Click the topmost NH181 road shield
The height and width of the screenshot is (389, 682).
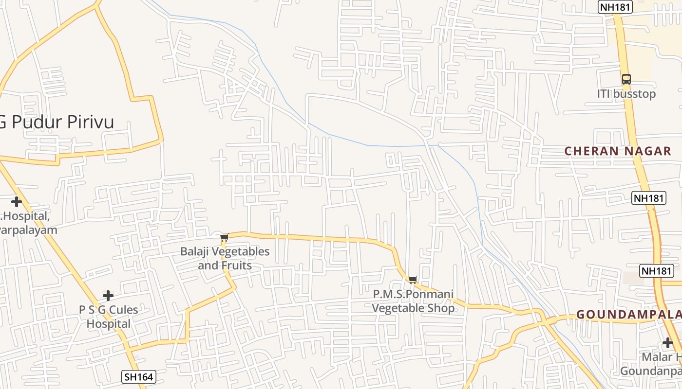point(615,7)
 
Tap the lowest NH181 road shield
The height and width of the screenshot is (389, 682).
point(657,271)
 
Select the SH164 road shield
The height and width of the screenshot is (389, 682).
point(138,376)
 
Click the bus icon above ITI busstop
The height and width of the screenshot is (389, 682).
point(626,79)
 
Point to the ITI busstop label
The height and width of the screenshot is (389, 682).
point(626,94)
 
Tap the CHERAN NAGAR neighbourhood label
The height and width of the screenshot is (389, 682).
point(618,151)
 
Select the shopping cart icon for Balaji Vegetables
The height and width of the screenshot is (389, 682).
point(224,238)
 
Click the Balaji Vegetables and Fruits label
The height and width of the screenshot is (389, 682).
point(225,259)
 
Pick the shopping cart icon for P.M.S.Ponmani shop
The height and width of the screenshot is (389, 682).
point(413,280)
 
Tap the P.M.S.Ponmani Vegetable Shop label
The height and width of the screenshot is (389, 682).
point(413,301)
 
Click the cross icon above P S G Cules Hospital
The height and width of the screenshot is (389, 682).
point(108,295)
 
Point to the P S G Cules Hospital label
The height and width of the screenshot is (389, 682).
point(109,317)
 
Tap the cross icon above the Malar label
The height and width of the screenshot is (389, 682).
point(667,342)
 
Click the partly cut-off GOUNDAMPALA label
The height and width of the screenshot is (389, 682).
point(629,315)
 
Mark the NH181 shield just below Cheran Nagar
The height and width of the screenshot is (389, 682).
point(649,198)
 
